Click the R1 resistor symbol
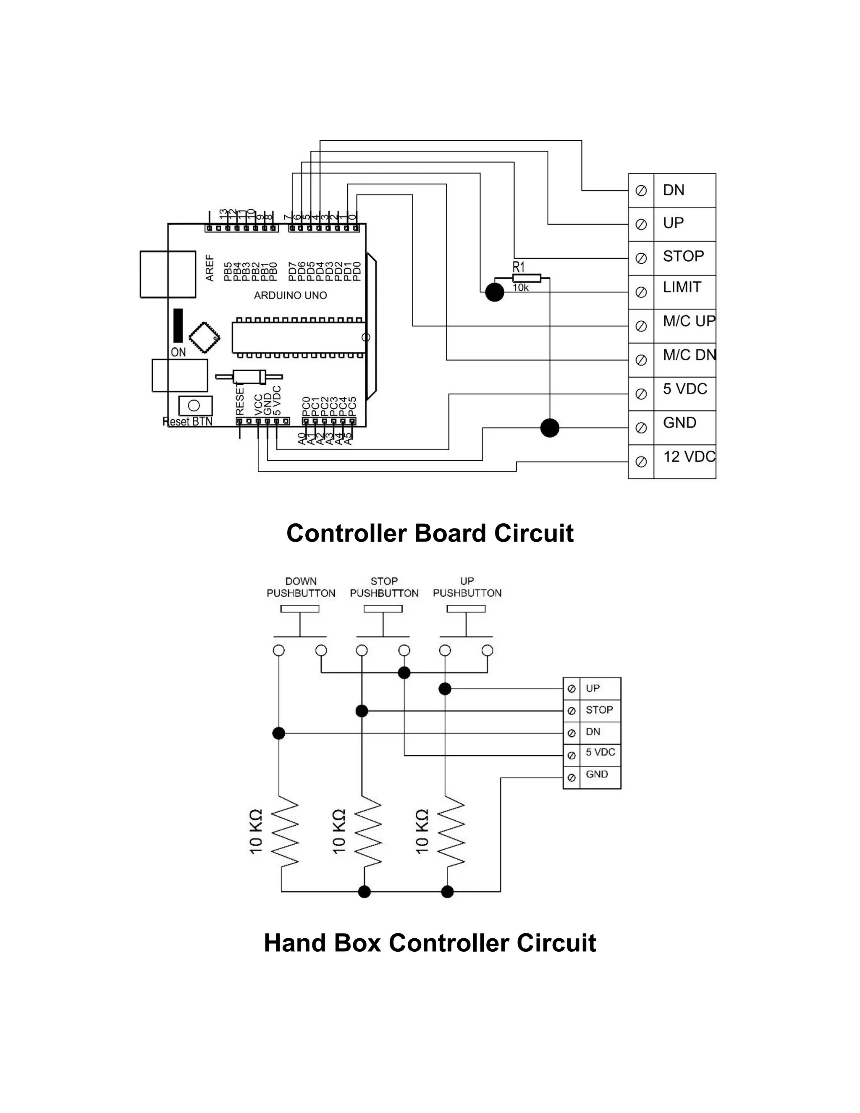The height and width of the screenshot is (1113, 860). click(526, 278)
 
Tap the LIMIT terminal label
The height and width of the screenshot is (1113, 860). click(682, 287)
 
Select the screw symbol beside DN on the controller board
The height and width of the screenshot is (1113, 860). click(641, 191)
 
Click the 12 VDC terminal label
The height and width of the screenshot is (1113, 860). click(689, 457)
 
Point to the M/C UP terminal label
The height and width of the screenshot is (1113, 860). click(689, 321)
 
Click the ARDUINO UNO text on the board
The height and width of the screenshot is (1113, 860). click(291, 296)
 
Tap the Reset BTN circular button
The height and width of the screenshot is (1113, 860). click(194, 406)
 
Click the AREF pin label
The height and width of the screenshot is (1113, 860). click(210, 268)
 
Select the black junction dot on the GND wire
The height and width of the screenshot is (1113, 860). click(549, 428)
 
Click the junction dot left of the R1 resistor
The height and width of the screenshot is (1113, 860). click(494, 292)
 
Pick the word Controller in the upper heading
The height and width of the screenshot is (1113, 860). click(346, 533)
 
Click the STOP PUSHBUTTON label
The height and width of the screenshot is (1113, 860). click(384, 587)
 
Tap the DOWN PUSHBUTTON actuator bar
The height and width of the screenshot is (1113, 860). click(300, 609)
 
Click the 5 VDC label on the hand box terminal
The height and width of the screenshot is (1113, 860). click(600, 752)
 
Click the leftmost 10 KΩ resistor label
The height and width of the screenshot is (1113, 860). click(256, 831)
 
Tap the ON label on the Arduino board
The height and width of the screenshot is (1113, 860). click(178, 352)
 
